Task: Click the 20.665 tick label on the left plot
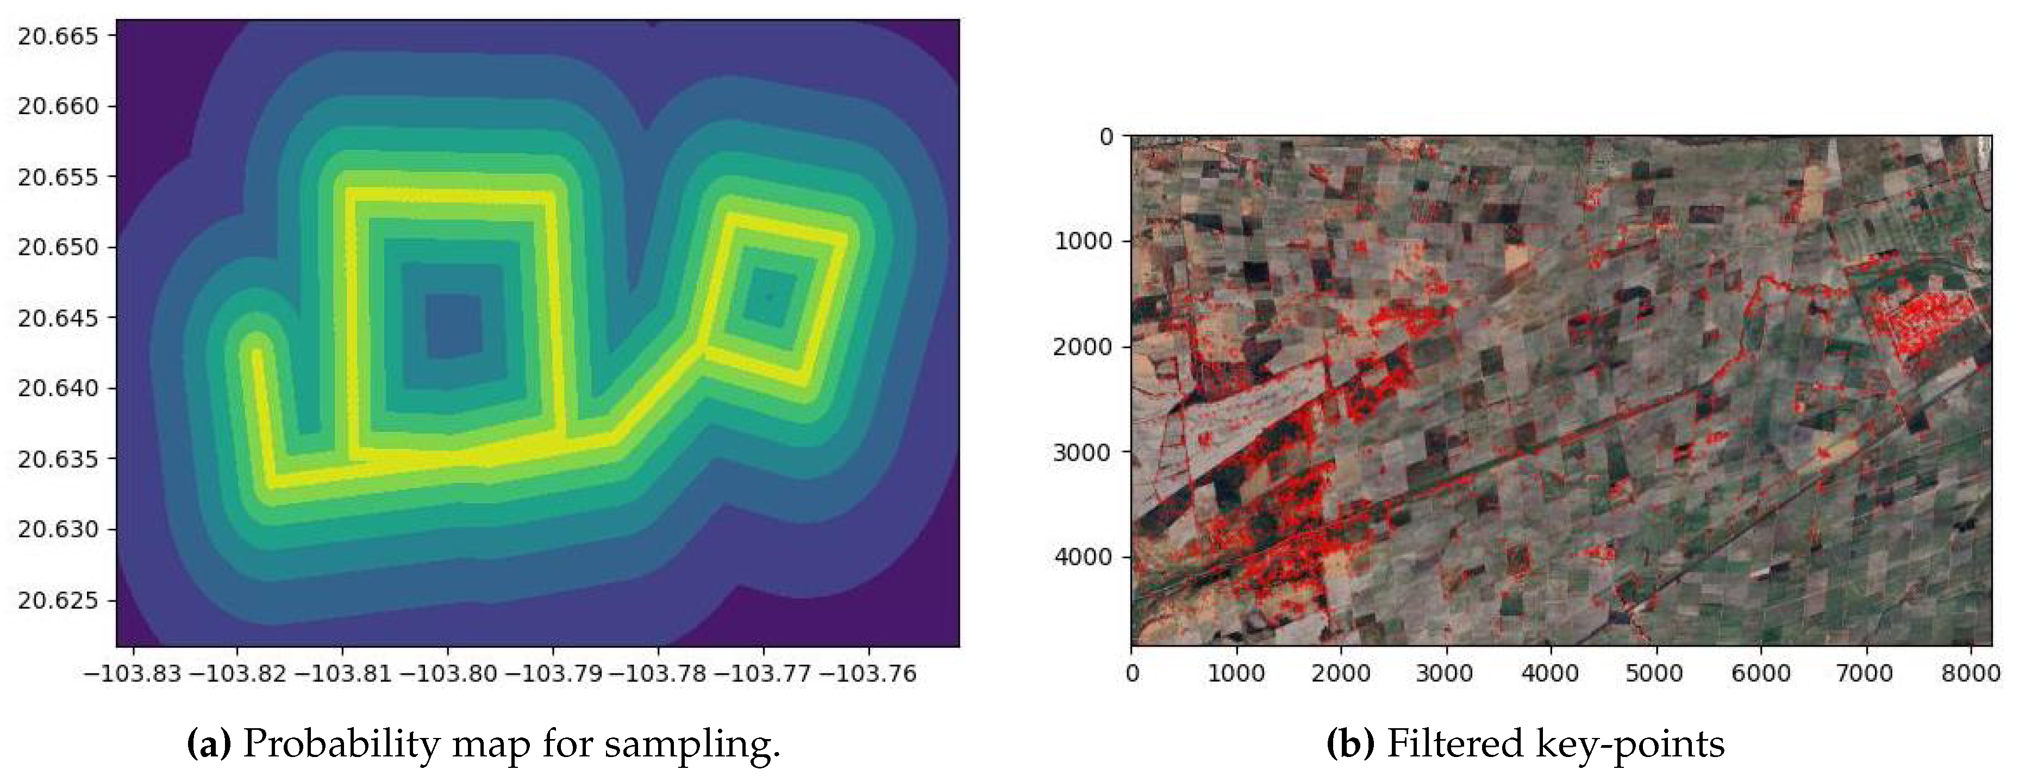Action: pos(58,36)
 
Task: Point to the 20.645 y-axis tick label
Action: pos(58,318)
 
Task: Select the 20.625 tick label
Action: pos(58,601)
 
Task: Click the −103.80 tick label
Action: pos(448,673)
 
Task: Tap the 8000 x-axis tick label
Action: pos(1970,673)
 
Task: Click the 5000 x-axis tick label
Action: pos(1655,673)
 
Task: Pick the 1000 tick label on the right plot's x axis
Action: pos(1236,673)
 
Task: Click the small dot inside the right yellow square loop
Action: pos(770,296)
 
